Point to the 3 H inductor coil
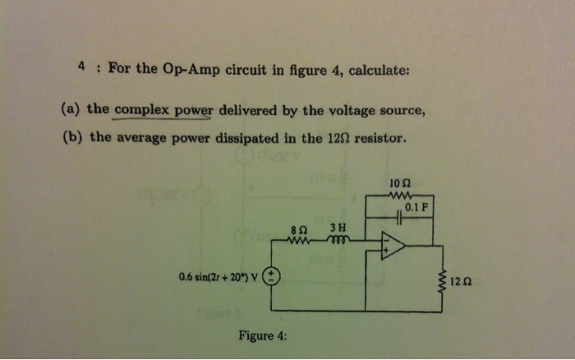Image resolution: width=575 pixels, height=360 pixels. tap(338, 240)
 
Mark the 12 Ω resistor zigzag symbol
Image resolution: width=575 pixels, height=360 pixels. tap(446, 282)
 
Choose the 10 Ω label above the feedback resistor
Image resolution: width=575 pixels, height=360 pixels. tap(400, 183)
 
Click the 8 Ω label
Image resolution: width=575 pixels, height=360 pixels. tap(300, 228)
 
